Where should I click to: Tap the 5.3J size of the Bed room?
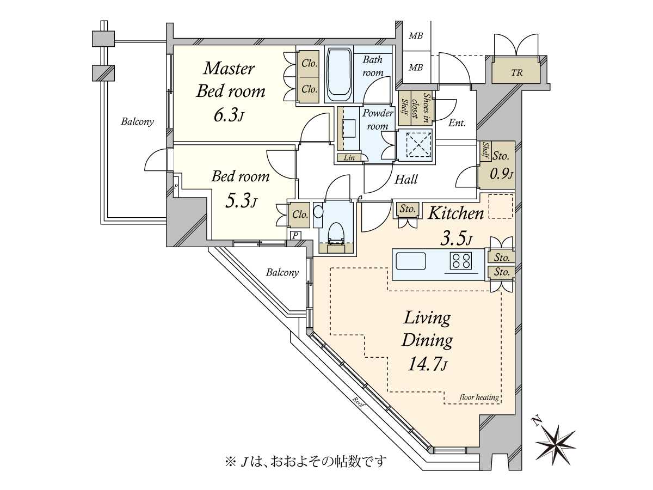(x=241, y=201)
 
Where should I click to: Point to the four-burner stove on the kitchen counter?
(x=460, y=262)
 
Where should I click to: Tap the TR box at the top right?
(x=516, y=72)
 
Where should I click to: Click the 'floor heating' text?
(x=479, y=397)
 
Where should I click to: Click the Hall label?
(x=406, y=179)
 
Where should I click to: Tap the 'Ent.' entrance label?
(x=457, y=123)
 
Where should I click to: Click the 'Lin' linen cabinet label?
(x=349, y=158)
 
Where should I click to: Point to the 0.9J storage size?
(x=501, y=174)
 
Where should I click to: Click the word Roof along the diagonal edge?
(x=358, y=402)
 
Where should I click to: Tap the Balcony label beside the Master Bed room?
(x=137, y=122)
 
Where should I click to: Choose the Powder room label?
(x=378, y=119)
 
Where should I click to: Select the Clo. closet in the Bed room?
(x=300, y=215)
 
